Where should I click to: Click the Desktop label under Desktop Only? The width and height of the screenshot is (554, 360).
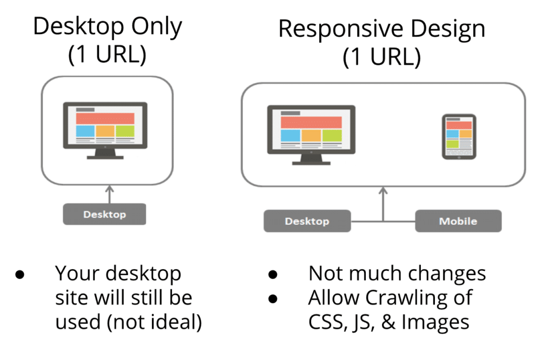pos(104,214)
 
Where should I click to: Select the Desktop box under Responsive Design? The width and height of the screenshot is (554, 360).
pos(307,221)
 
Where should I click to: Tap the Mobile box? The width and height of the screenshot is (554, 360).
pos(458,221)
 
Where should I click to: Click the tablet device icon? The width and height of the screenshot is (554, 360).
pos(459,136)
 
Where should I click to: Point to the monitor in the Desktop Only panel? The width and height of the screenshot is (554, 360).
pos(105,130)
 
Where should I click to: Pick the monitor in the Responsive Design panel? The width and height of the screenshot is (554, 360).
pos(311,135)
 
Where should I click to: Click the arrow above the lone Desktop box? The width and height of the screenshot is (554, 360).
pos(109,195)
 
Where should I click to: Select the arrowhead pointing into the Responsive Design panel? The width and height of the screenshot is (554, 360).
pos(384,191)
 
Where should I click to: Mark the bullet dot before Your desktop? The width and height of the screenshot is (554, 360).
pos(21,274)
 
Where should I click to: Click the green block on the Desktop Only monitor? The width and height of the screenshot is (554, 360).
pos(124,131)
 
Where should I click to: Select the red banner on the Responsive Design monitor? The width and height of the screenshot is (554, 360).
pos(311,122)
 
